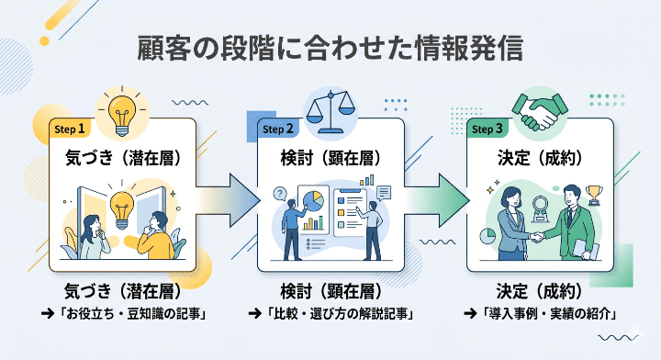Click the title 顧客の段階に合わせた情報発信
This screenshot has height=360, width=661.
point(330,47)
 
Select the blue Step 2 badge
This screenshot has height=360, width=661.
point(278,129)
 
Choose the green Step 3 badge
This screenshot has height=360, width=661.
point(487,129)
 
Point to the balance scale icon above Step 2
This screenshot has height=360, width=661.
point(330,108)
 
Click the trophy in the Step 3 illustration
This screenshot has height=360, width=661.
point(594,195)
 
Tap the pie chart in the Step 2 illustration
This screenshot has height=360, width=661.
point(313,200)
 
